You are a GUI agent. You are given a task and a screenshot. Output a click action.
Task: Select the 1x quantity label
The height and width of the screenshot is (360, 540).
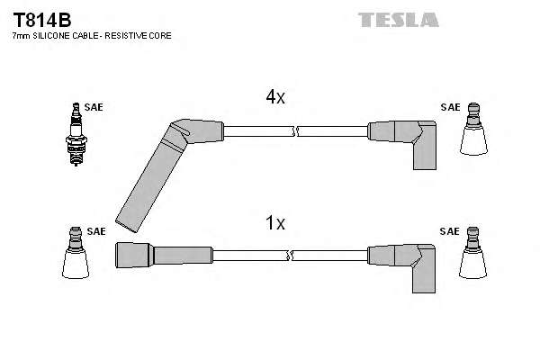pos(274,222)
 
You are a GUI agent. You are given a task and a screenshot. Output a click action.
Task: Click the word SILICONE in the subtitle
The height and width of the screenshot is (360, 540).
pos(55,35)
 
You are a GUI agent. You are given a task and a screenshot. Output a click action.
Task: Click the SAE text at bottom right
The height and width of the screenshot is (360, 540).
pos(449,231)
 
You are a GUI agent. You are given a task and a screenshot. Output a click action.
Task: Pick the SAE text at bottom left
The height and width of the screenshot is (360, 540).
pos(96,231)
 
